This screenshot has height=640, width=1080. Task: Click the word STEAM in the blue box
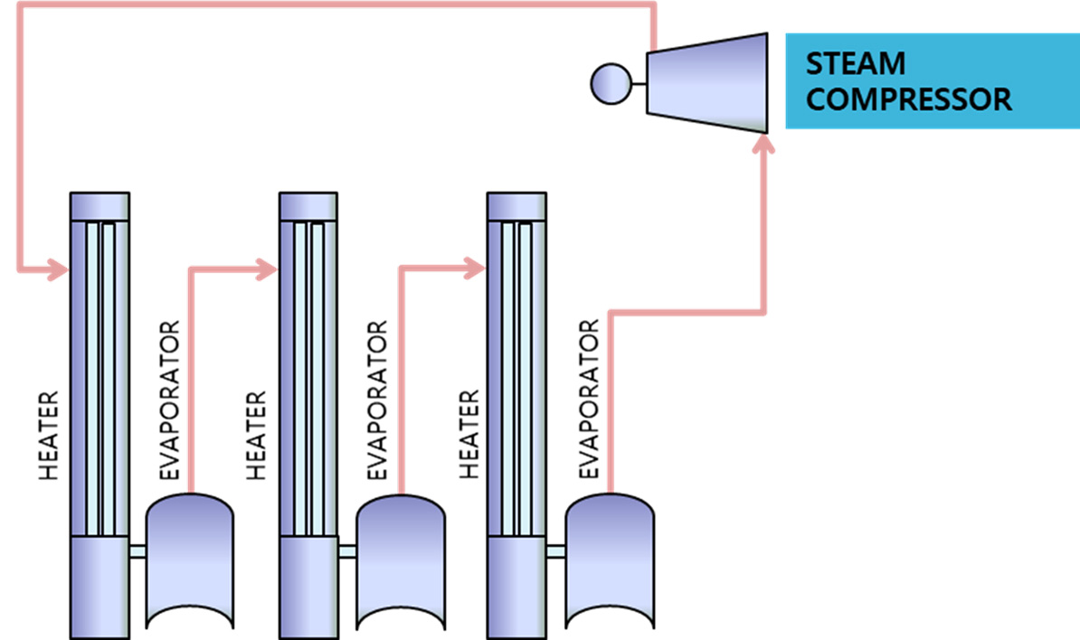point(856,64)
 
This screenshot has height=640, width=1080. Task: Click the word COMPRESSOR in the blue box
point(908,99)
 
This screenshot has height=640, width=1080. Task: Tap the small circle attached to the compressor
point(611,84)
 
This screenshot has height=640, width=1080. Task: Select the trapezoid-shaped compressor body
point(706,82)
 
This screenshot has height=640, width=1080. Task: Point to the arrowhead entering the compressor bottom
point(763,143)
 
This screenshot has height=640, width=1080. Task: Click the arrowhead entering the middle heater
point(267,268)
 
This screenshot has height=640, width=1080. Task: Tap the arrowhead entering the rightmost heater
point(475,268)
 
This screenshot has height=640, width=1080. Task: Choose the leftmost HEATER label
point(48,436)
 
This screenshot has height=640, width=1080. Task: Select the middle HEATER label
point(256,436)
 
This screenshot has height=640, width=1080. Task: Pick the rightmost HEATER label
point(469,435)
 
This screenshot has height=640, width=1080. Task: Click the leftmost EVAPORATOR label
point(169,400)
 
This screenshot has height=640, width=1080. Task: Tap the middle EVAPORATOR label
point(377,400)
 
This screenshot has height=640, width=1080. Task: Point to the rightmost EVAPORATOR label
point(589,400)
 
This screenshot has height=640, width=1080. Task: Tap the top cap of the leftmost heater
point(99,206)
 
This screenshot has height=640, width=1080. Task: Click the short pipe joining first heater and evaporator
point(137,551)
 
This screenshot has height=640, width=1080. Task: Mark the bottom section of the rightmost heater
point(516,587)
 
